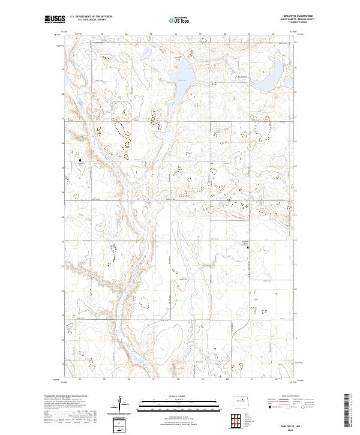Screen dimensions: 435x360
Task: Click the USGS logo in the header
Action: pos(55,20)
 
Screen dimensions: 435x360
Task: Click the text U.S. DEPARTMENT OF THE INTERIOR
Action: pos(91,17)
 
